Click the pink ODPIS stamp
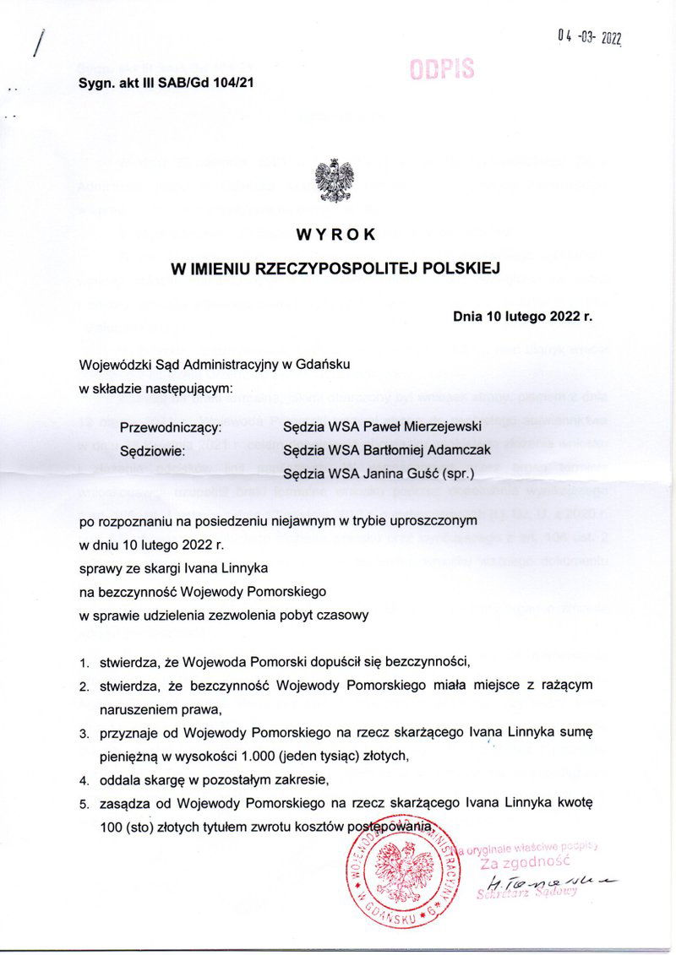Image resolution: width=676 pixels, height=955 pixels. (441, 69)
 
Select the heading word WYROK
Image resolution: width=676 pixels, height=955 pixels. (335, 233)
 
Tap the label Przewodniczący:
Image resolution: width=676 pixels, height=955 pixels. (171, 427)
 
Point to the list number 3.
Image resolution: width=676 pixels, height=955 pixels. (84, 735)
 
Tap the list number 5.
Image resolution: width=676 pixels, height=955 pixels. (84, 804)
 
